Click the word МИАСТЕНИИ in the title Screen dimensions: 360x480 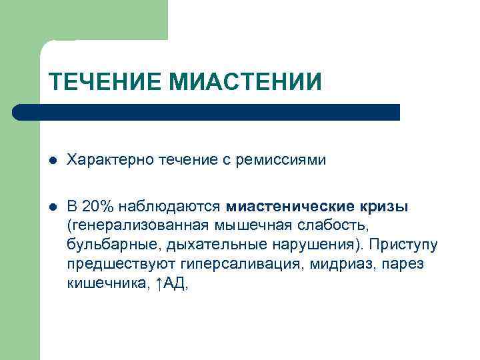coord(245,82)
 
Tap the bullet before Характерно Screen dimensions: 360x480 coord(53,161)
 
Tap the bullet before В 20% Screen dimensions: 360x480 coord(53,207)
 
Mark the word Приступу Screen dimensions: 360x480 coord(406,245)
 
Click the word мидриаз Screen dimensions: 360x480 coord(333,264)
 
